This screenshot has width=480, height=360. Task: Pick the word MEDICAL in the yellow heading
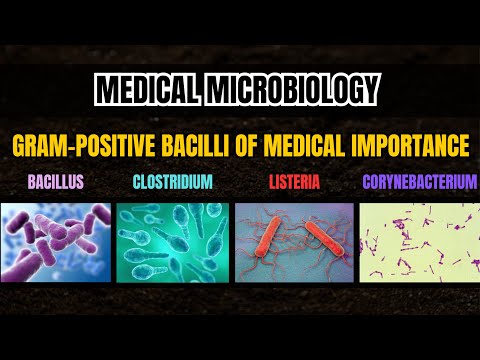[299, 146]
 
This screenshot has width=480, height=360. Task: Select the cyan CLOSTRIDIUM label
[174, 184]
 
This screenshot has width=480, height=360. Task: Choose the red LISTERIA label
[295, 184]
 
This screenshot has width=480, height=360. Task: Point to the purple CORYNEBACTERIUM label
[419, 184]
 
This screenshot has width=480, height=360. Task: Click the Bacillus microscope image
[56, 242]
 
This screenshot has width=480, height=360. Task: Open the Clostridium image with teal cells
[174, 242]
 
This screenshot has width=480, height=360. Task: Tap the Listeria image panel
[294, 242]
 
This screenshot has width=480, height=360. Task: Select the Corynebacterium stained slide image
[419, 242]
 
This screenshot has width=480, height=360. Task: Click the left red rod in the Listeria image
[273, 240]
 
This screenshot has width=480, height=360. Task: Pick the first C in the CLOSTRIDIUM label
[137, 184]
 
